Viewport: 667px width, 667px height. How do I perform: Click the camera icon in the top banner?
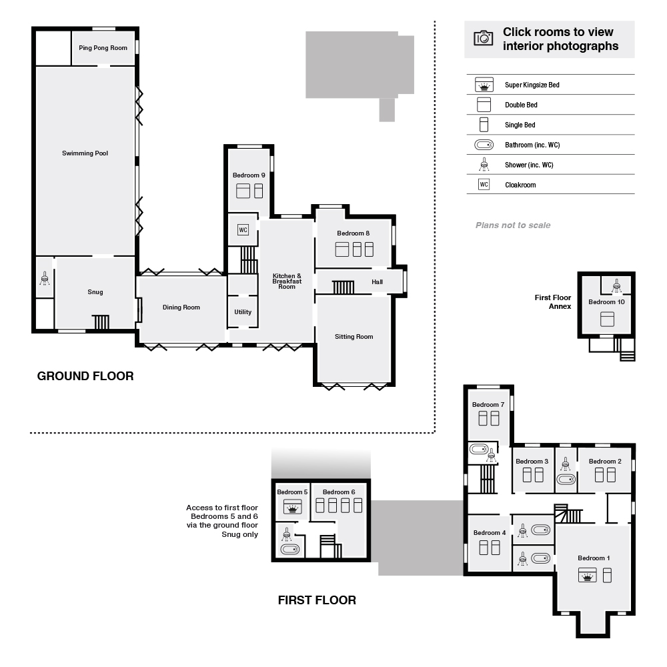click(482, 38)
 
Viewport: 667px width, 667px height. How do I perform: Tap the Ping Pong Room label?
click(103, 48)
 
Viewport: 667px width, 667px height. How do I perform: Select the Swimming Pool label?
click(85, 153)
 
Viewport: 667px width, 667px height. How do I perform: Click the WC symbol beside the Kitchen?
click(243, 230)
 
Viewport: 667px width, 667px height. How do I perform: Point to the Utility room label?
click(243, 312)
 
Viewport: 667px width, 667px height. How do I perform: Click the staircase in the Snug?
click(101, 322)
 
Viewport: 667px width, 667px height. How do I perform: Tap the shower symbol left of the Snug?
click(45, 279)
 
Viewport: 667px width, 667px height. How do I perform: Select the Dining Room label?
click(181, 307)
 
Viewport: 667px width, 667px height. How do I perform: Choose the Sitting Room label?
click(354, 337)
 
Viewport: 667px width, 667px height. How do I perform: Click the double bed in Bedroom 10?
click(606, 319)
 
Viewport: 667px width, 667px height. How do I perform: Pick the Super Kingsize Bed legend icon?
click(484, 85)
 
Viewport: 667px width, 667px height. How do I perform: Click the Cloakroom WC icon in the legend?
click(484, 185)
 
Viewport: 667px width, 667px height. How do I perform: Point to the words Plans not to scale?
click(513, 225)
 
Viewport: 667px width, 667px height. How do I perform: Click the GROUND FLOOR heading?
click(85, 376)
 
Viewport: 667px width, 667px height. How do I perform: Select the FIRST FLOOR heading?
click(317, 600)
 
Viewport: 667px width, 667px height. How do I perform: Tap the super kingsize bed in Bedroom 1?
click(588, 576)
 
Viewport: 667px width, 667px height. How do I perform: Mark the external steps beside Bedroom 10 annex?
click(627, 348)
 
